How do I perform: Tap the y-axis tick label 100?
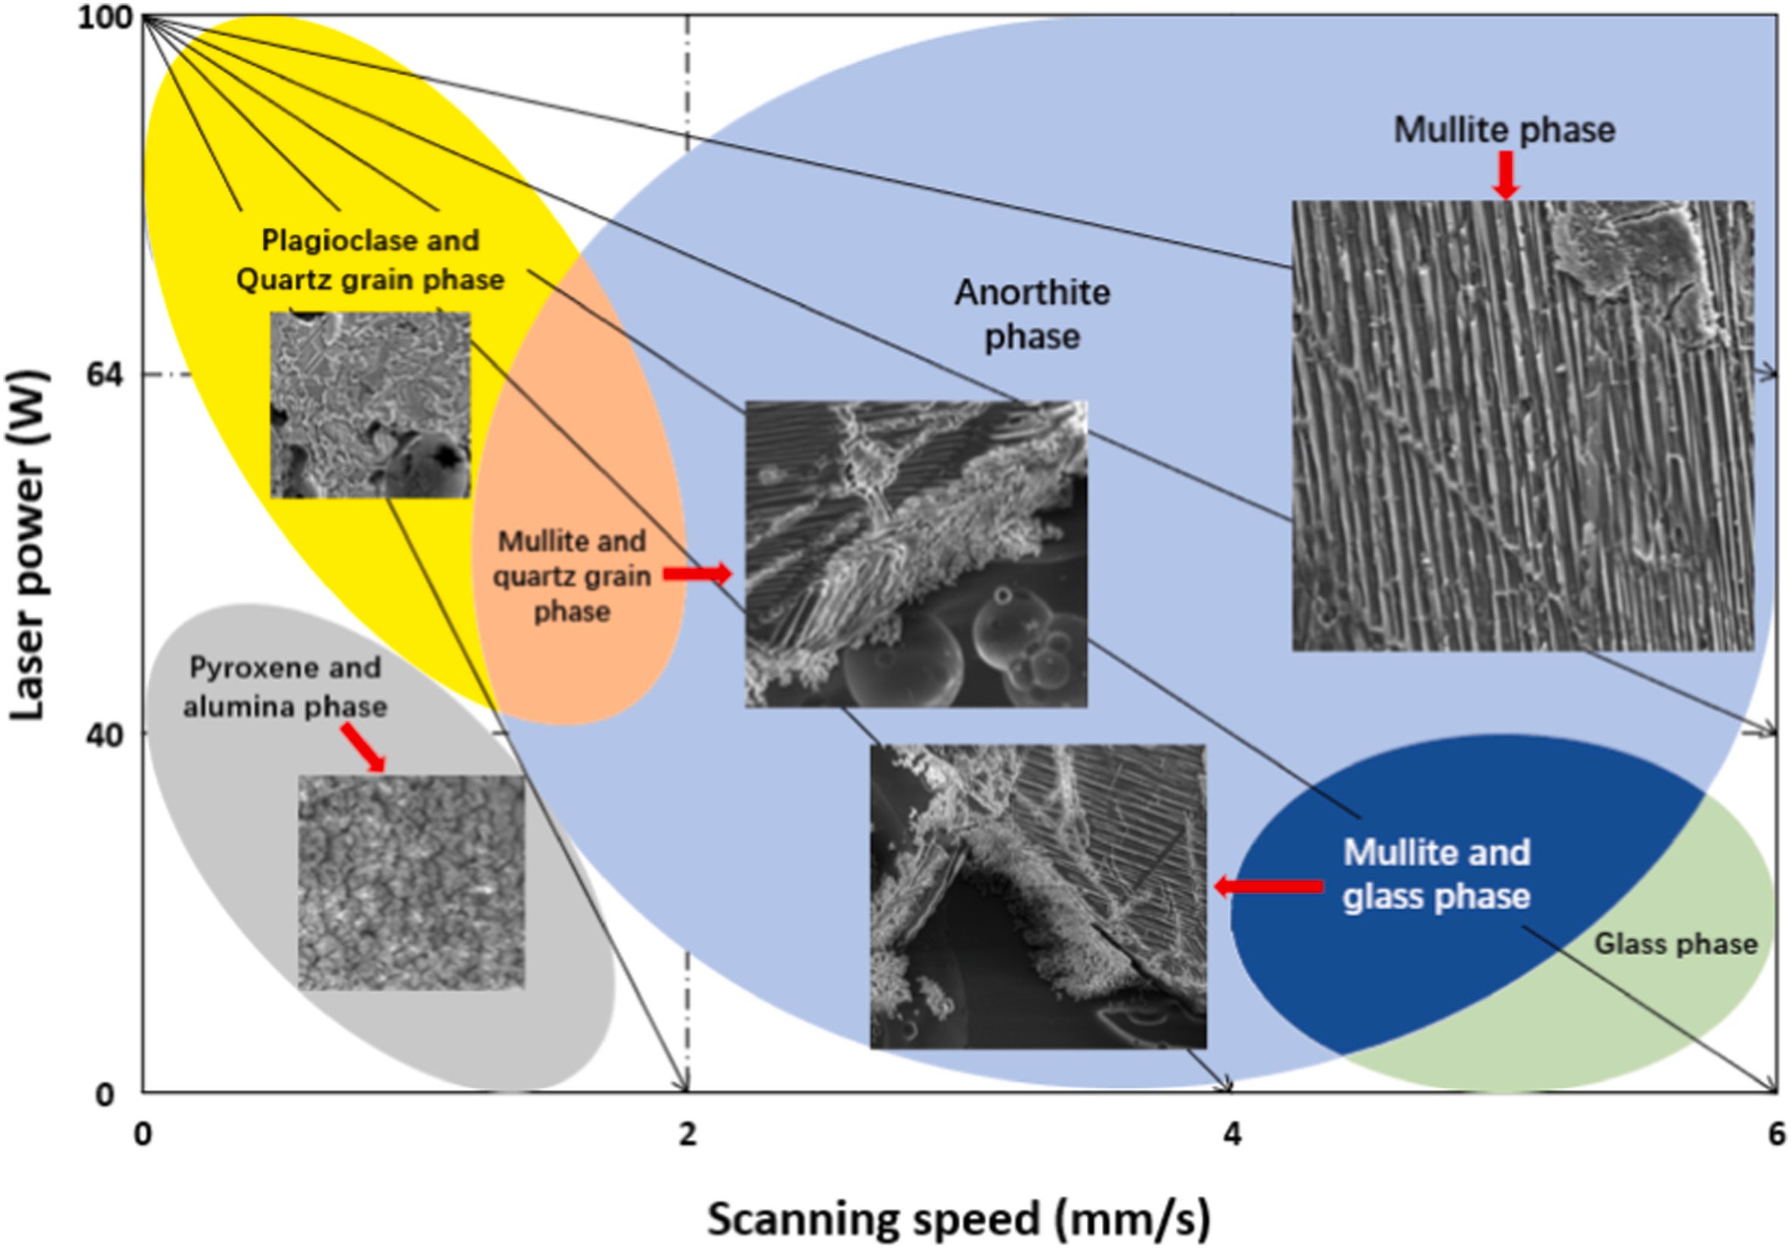click(106, 19)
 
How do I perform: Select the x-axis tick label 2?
click(687, 1134)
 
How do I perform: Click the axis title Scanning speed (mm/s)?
click(959, 1219)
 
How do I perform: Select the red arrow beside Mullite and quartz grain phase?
click(697, 575)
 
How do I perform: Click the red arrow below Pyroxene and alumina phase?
click(364, 747)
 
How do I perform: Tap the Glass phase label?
click(1676, 944)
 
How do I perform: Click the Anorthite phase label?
click(1032, 315)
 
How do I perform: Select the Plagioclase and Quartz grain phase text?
click(371, 259)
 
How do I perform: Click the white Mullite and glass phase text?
click(1436, 874)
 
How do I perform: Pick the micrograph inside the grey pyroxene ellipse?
click(411, 882)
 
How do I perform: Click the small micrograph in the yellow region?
click(371, 404)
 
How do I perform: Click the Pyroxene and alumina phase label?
click(285, 687)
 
